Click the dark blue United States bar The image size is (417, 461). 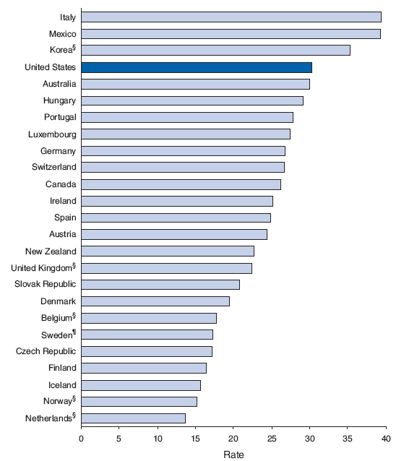[x=197, y=67]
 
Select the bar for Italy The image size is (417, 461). [x=231, y=17]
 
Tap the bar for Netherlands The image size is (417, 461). [x=134, y=418]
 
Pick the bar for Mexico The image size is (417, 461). [x=231, y=34]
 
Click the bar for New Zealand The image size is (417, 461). [x=168, y=251]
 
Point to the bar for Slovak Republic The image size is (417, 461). [x=160, y=284]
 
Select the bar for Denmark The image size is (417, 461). [x=155, y=301]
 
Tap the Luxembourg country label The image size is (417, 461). [x=51, y=134]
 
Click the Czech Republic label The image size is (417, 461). [x=46, y=351]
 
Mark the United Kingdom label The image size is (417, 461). [x=41, y=267]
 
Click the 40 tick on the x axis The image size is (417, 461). [x=386, y=438]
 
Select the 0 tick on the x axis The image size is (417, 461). [x=82, y=438]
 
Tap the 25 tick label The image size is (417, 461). [x=272, y=438]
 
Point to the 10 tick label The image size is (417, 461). [x=158, y=438]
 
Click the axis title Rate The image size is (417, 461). [x=233, y=454]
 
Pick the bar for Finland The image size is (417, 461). [x=144, y=368]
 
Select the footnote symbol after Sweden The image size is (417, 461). [x=74, y=332]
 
